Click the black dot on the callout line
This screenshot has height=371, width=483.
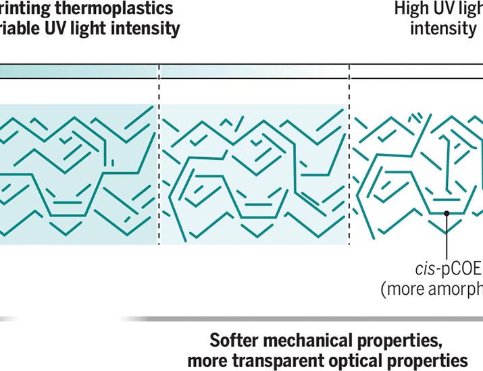pyautogui.click(x=447, y=214)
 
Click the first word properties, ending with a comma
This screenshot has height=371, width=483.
pyautogui.click(x=409, y=338)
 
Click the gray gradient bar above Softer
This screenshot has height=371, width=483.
pyautogui.click(x=304, y=318)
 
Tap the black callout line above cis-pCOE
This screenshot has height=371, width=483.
pyautogui.click(x=447, y=236)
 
